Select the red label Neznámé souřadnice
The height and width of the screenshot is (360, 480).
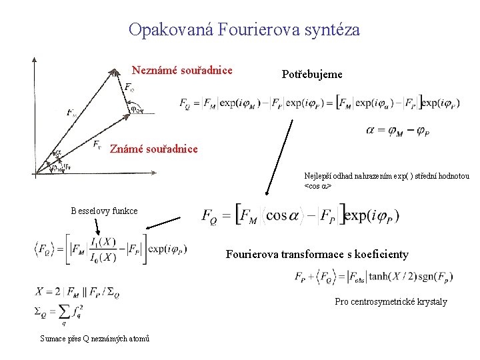click(182, 70)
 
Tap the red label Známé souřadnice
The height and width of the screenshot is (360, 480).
click(153, 149)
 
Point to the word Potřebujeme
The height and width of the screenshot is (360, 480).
click(312, 75)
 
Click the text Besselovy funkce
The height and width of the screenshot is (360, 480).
click(105, 211)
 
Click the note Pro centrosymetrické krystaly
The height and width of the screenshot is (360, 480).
click(391, 301)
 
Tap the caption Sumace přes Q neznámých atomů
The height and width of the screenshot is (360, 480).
click(95, 339)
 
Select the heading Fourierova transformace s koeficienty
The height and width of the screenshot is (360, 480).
click(317, 254)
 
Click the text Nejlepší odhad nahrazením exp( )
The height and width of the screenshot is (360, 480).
click(387, 177)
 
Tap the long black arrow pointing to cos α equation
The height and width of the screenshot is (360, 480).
click(279, 157)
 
